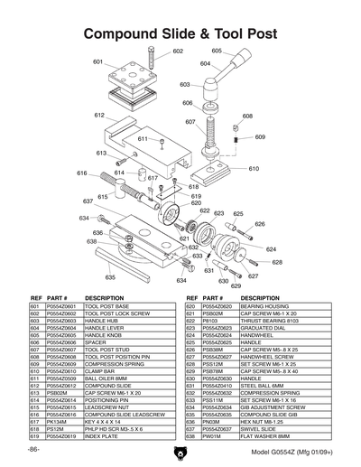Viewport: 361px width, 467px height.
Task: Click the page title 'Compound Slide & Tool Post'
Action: [x=180, y=34]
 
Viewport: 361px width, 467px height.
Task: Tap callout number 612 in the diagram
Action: [x=99, y=116]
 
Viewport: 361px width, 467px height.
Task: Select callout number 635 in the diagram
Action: [x=110, y=277]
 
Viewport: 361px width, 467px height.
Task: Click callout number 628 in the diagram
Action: [x=276, y=262]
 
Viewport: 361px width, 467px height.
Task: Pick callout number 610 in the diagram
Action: [x=254, y=169]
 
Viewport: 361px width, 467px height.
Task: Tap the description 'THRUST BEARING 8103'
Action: [x=271, y=321]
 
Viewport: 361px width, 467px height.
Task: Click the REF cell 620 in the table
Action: [x=191, y=307]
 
